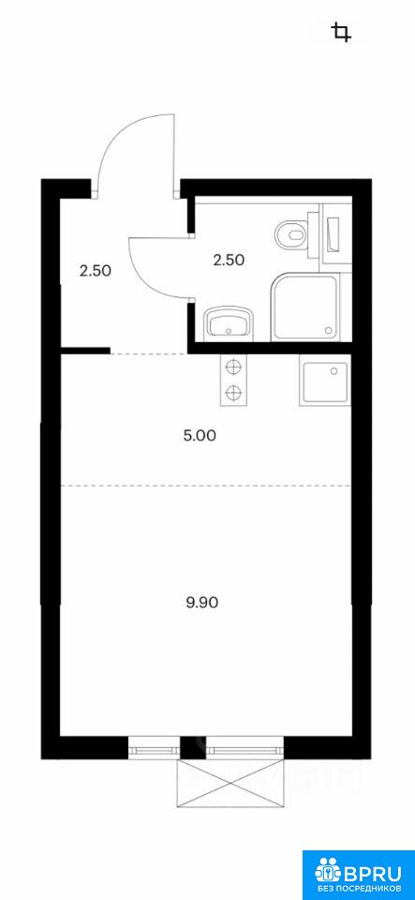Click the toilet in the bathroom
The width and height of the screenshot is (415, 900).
pyautogui.click(x=293, y=234)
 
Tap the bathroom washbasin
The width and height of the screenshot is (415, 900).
pyautogui.click(x=229, y=322)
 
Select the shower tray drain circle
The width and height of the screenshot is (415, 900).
pyautogui.click(x=329, y=330)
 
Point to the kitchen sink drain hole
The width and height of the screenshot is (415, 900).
pyautogui.click(x=334, y=371)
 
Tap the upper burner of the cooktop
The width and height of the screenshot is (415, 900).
pyautogui.click(x=232, y=367)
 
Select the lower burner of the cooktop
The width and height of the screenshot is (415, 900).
pyautogui.click(x=232, y=393)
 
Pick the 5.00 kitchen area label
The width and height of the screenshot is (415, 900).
pyautogui.click(x=200, y=436)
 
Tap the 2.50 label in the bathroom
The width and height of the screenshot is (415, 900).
pyautogui.click(x=229, y=260)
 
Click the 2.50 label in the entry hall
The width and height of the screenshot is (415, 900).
pyautogui.click(x=96, y=271)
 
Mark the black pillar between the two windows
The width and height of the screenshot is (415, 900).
pyautogui.click(x=193, y=748)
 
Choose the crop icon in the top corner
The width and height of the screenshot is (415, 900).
pyautogui.click(x=342, y=32)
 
